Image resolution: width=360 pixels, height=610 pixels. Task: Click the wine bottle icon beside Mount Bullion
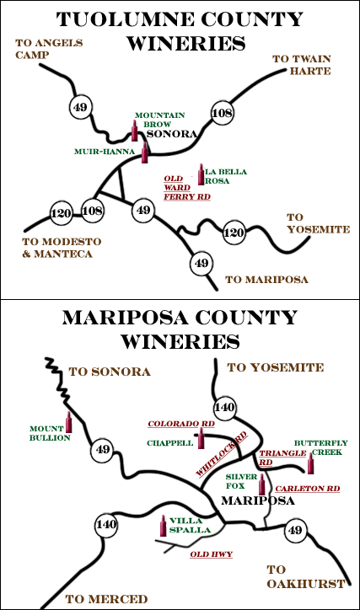(69, 422)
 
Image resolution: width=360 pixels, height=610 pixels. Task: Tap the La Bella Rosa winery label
(226, 176)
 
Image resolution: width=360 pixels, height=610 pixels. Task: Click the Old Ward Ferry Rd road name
(187, 188)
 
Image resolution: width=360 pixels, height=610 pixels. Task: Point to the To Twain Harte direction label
(302, 65)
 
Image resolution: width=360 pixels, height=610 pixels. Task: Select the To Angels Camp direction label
(49, 49)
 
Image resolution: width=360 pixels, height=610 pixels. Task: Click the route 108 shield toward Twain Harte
(222, 113)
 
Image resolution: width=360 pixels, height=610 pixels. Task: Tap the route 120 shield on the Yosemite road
(234, 233)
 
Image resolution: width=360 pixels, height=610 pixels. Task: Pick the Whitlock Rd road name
(222, 454)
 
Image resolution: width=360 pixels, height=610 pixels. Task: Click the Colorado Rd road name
(181, 424)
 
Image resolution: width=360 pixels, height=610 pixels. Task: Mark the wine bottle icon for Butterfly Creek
(310, 463)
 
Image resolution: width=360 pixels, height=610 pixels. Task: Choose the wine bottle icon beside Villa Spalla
(164, 526)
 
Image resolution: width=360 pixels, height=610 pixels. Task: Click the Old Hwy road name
(212, 554)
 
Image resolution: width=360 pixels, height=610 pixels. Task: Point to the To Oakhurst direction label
(306, 576)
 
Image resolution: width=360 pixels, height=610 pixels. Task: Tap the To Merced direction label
(106, 599)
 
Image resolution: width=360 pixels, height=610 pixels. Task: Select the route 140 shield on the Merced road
(106, 524)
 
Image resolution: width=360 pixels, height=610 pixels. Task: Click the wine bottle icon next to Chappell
(201, 438)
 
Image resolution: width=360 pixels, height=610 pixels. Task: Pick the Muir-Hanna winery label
(105, 152)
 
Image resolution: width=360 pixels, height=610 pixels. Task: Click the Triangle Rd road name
(283, 457)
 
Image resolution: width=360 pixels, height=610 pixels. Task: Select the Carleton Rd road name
(308, 489)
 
